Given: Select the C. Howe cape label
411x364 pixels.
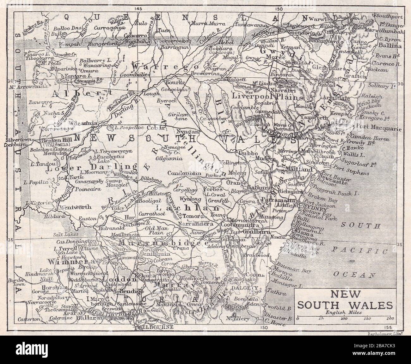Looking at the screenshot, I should tap(275, 324).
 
